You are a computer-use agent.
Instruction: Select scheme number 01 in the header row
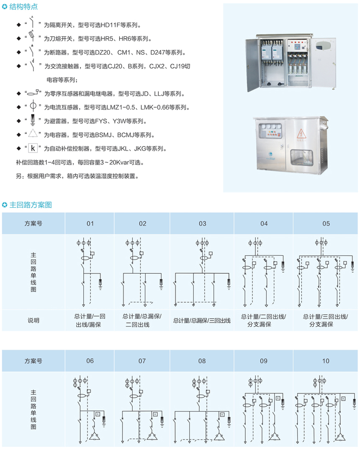tap(90, 224)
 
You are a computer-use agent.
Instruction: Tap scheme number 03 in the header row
tap(202, 224)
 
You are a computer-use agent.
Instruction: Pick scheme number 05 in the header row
tap(326, 224)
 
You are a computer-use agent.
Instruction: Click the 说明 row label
tap(33, 320)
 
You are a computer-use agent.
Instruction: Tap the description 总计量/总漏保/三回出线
tap(202, 321)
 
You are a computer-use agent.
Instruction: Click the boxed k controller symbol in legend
tap(33, 148)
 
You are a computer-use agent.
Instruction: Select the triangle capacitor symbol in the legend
tap(33, 135)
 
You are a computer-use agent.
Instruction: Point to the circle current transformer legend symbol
tap(33, 107)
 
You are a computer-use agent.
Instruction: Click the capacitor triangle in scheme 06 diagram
tap(95, 436)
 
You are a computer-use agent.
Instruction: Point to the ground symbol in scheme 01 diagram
tap(100, 284)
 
